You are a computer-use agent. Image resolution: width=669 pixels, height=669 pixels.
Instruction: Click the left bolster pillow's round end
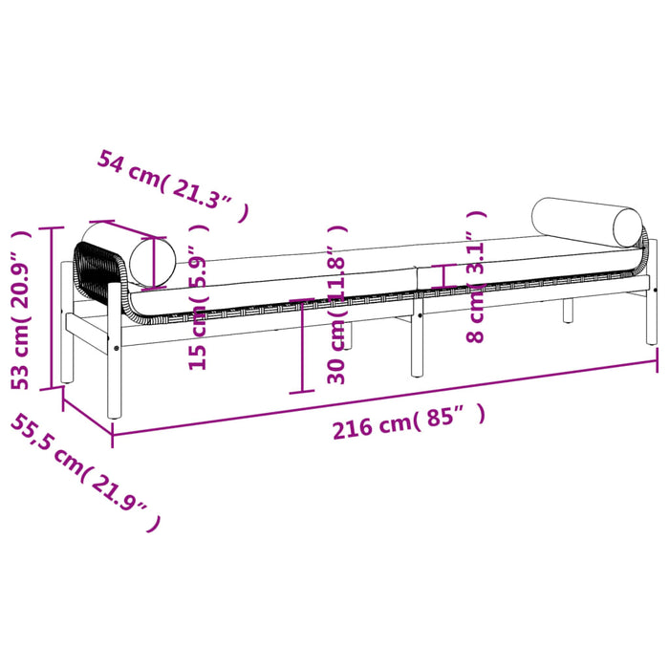(x=156, y=260)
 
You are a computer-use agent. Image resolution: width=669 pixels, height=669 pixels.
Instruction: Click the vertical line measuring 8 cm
(x=442, y=275)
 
